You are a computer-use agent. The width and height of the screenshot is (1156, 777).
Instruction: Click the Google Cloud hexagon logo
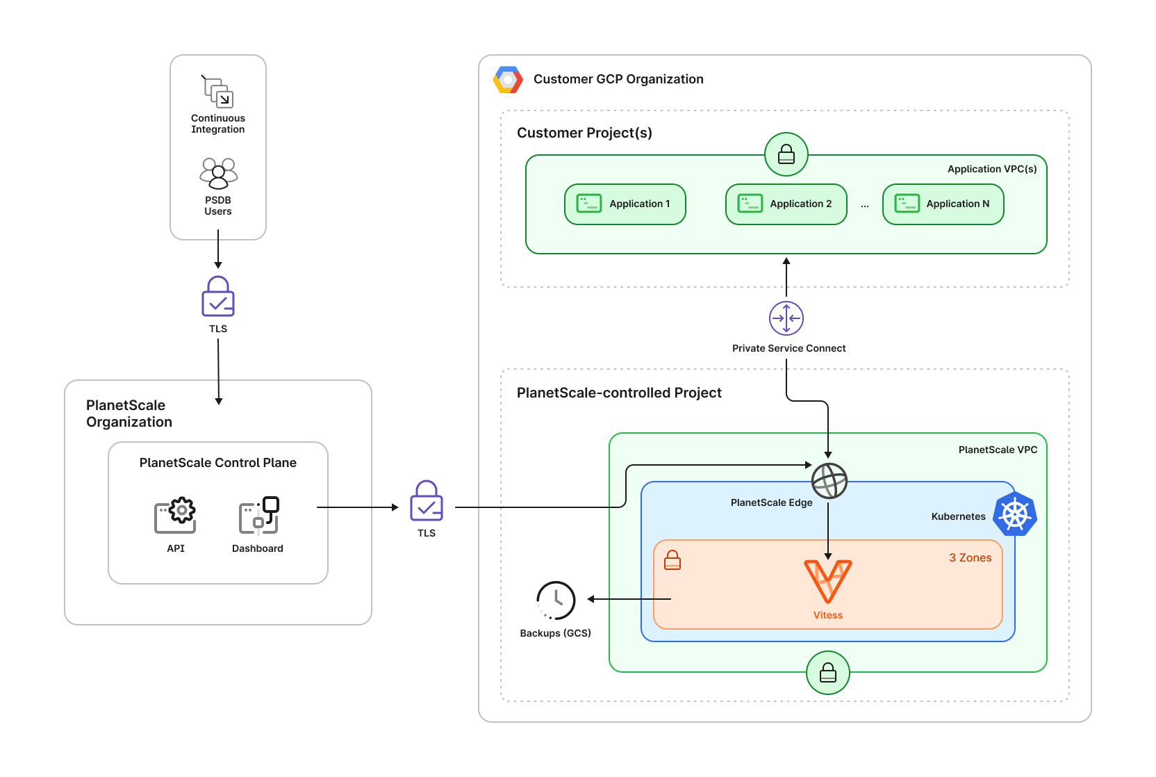pos(508,80)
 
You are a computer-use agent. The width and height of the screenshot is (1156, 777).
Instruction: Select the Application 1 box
pos(625,204)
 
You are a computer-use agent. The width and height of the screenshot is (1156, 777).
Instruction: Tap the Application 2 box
pos(786,204)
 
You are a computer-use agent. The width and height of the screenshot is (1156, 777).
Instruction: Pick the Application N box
pos(943,204)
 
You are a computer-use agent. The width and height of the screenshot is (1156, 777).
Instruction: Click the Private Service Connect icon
pos(786,318)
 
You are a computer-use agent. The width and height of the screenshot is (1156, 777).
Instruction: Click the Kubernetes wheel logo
pos(1015,515)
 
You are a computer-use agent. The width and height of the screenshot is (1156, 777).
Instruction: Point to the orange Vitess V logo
pos(827,581)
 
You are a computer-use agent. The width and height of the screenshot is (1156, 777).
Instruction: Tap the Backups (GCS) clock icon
pos(556,600)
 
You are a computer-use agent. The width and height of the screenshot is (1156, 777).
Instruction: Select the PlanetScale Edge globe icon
pos(829,481)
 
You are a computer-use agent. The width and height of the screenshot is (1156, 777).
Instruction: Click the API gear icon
pos(175,516)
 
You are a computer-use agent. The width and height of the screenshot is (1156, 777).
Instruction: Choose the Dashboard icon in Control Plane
pos(258,516)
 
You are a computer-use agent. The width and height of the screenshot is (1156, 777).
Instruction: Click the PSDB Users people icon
pos(218,173)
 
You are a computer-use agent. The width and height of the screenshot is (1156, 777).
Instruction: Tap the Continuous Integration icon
pos(218,92)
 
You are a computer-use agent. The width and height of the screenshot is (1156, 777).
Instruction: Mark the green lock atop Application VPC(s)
pos(786,154)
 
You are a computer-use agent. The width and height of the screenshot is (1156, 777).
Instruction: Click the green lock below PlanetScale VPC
pos(828,673)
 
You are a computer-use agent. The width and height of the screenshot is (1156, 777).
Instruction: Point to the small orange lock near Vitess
pos(672,560)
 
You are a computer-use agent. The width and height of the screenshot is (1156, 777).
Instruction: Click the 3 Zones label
pos(970,558)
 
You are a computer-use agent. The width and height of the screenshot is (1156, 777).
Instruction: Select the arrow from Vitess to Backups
pos(629,599)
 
